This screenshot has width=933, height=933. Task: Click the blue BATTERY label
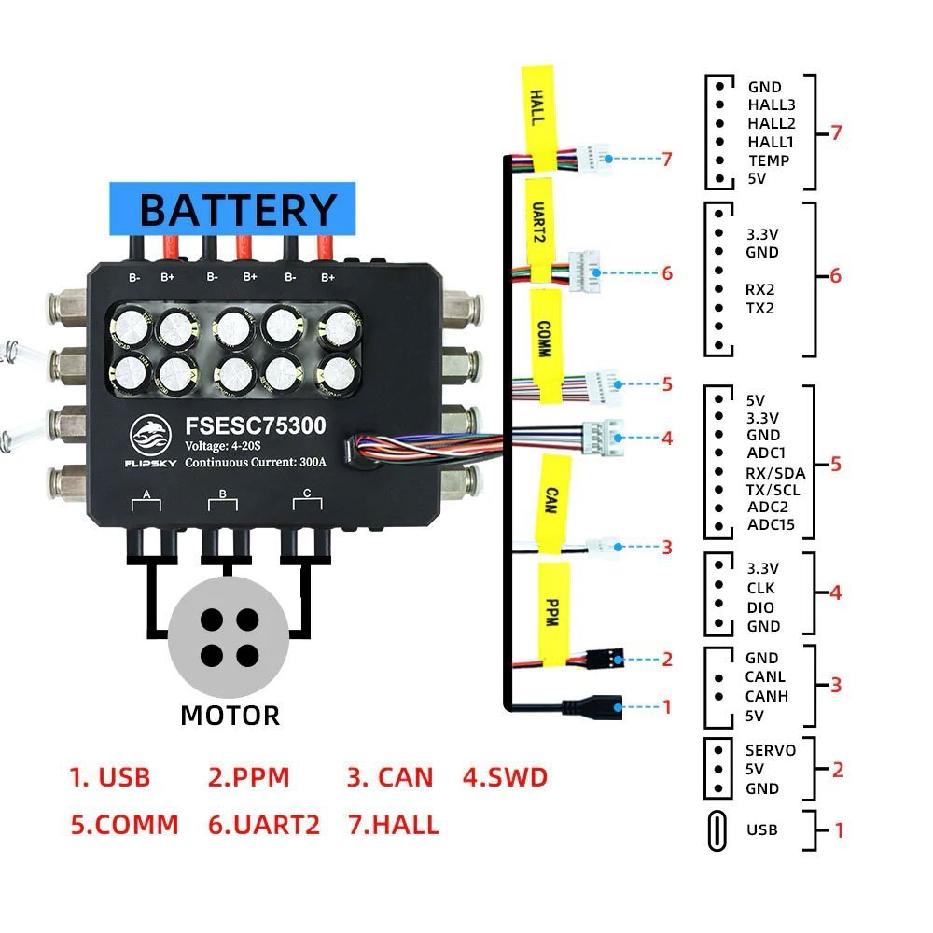pyautogui.click(x=232, y=209)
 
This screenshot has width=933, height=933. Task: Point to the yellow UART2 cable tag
pyautogui.click(x=538, y=224)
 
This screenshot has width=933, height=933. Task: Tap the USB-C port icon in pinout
pyautogui.click(x=718, y=829)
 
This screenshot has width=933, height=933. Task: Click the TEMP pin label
pyautogui.click(x=769, y=160)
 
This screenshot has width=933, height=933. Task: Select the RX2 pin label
pyautogui.click(x=760, y=289)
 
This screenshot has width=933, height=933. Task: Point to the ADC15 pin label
pyautogui.click(x=771, y=525)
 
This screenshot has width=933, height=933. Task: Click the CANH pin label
pyautogui.click(x=766, y=696)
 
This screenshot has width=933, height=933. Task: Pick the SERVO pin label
pyautogui.click(x=771, y=750)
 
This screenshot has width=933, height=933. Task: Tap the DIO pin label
pyautogui.click(x=760, y=607)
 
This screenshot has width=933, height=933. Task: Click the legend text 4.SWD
pyautogui.click(x=505, y=777)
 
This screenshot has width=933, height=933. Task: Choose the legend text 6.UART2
pyautogui.click(x=264, y=825)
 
